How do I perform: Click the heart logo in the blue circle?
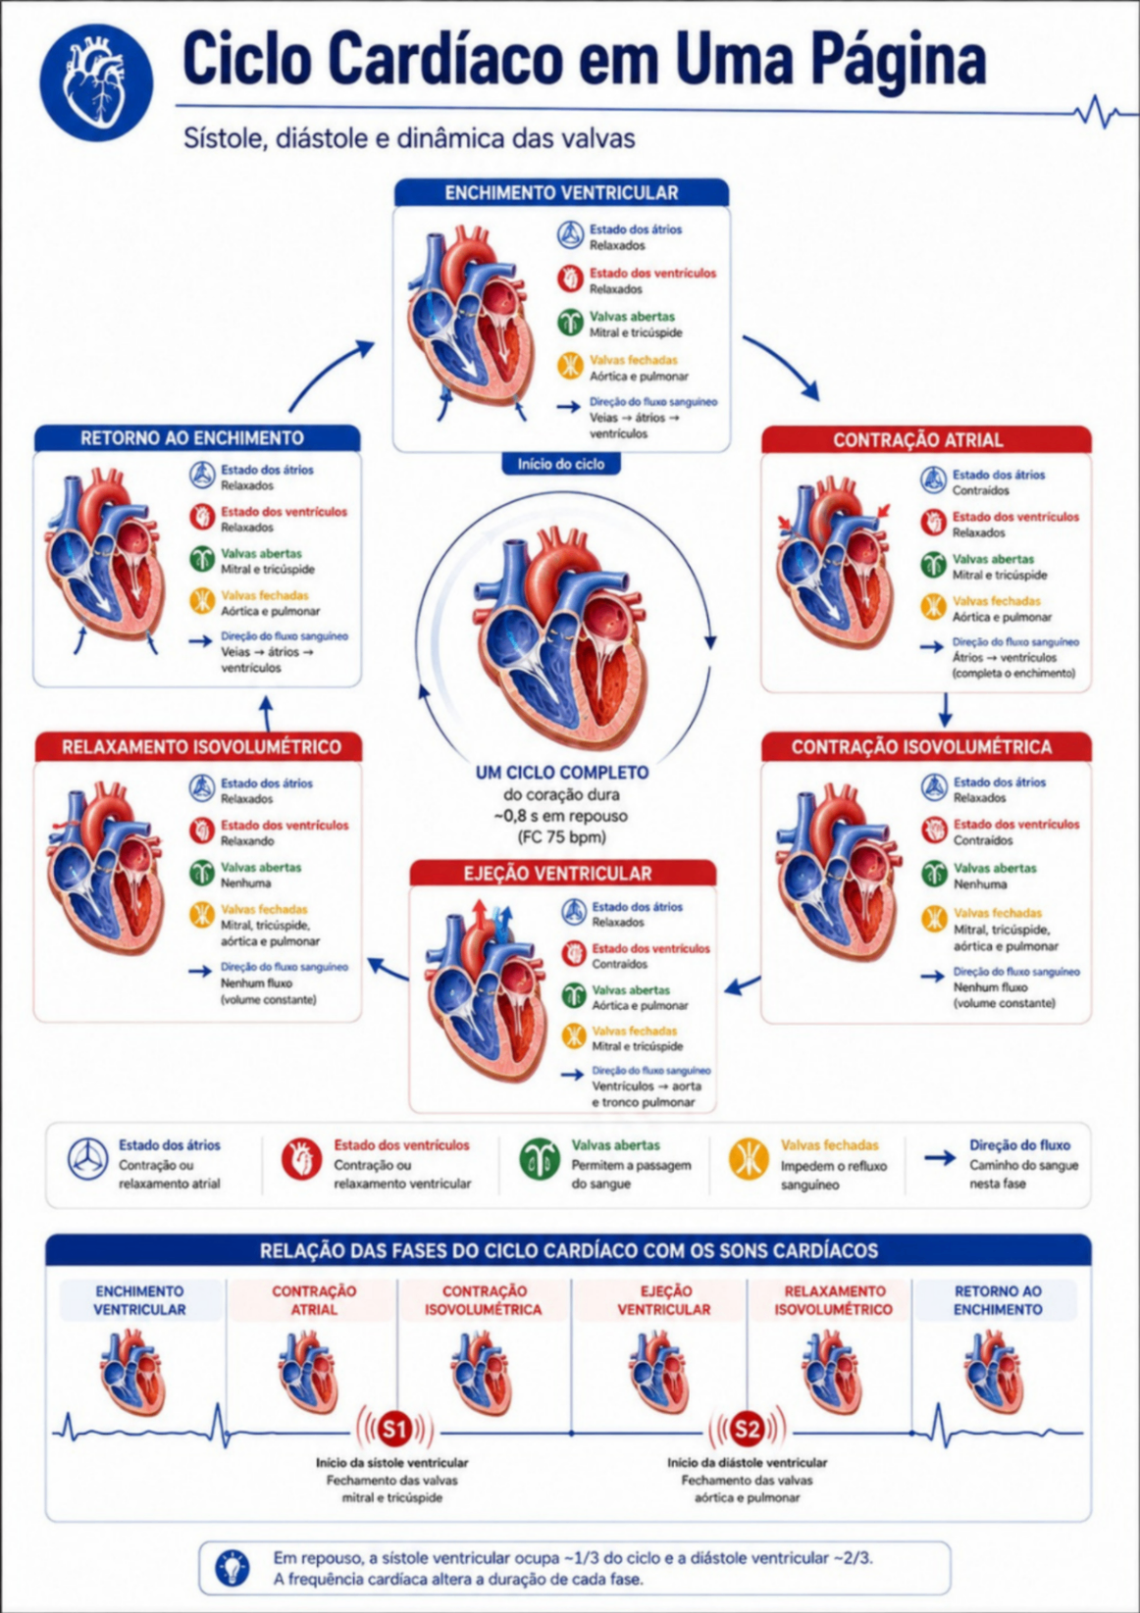click(x=96, y=82)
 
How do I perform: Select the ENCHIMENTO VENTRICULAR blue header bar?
click(x=561, y=193)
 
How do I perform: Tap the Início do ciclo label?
click(x=560, y=465)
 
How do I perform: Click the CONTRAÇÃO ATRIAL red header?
click(x=926, y=440)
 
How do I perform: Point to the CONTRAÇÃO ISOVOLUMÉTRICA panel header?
click(x=926, y=747)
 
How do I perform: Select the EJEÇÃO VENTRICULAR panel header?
click(x=563, y=874)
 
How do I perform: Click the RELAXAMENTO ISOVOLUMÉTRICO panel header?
click(x=198, y=747)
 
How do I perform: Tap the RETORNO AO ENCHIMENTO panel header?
click(x=197, y=437)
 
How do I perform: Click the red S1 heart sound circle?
click(x=394, y=1429)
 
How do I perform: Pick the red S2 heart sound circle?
click(x=746, y=1429)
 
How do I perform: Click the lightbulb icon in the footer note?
click(x=233, y=1568)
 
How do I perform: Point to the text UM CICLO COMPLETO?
click(x=562, y=773)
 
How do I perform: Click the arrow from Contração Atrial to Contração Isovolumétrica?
click(x=946, y=710)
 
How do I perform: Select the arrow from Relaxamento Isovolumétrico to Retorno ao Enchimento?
click(x=267, y=714)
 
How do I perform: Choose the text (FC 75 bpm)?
click(x=562, y=837)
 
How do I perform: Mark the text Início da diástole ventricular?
click(x=747, y=1463)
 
